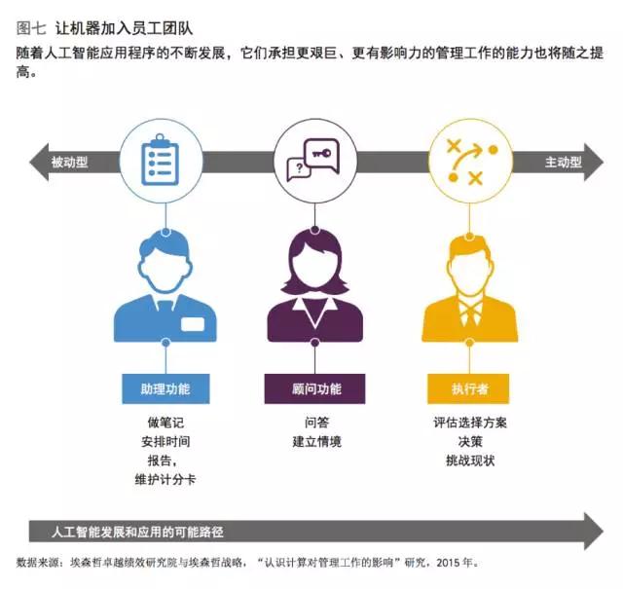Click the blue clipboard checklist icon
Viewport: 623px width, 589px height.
coord(160,160)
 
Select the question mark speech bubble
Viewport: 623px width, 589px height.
coord(299,169)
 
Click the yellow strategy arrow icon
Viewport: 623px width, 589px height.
coord(471,162)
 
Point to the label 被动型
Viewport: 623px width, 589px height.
coord(69,163)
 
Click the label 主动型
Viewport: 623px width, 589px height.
coord(564,163)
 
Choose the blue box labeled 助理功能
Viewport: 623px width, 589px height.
coord(165,388)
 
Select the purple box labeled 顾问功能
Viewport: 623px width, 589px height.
coord(314,388)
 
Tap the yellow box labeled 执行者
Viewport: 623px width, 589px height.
coord(468,388)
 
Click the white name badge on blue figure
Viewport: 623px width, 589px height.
coord(193,324)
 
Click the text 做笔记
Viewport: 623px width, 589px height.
coord(165,423)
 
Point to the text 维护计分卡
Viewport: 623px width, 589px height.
coord(165,480)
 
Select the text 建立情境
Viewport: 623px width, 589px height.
coord(316,442)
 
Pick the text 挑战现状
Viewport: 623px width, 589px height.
coord(470,460)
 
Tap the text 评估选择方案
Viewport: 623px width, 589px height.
coord(470,423)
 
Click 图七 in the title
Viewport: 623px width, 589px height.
coord(31,28)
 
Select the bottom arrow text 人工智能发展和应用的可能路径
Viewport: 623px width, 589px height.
coord(137,532)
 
